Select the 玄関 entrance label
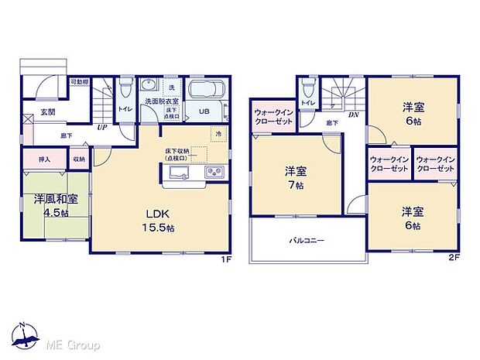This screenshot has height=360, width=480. pyautogui.click(x=48, y=112)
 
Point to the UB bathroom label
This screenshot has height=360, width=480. pyautogui.click(x=204, y=111)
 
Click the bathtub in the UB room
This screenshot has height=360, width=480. pyautogui.click(x=205, y=90)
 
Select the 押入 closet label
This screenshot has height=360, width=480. pyautogui.click(x=44, y=159)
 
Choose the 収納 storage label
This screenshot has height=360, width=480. pyautogui.click(x=79, y=159)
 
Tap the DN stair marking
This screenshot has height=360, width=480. pyautogui.click(x=353, y=117)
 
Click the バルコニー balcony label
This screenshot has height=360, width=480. pyautogui.click(x=307, y=240)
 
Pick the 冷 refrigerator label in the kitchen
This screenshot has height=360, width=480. pyautogui.click(x=220, y=135)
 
